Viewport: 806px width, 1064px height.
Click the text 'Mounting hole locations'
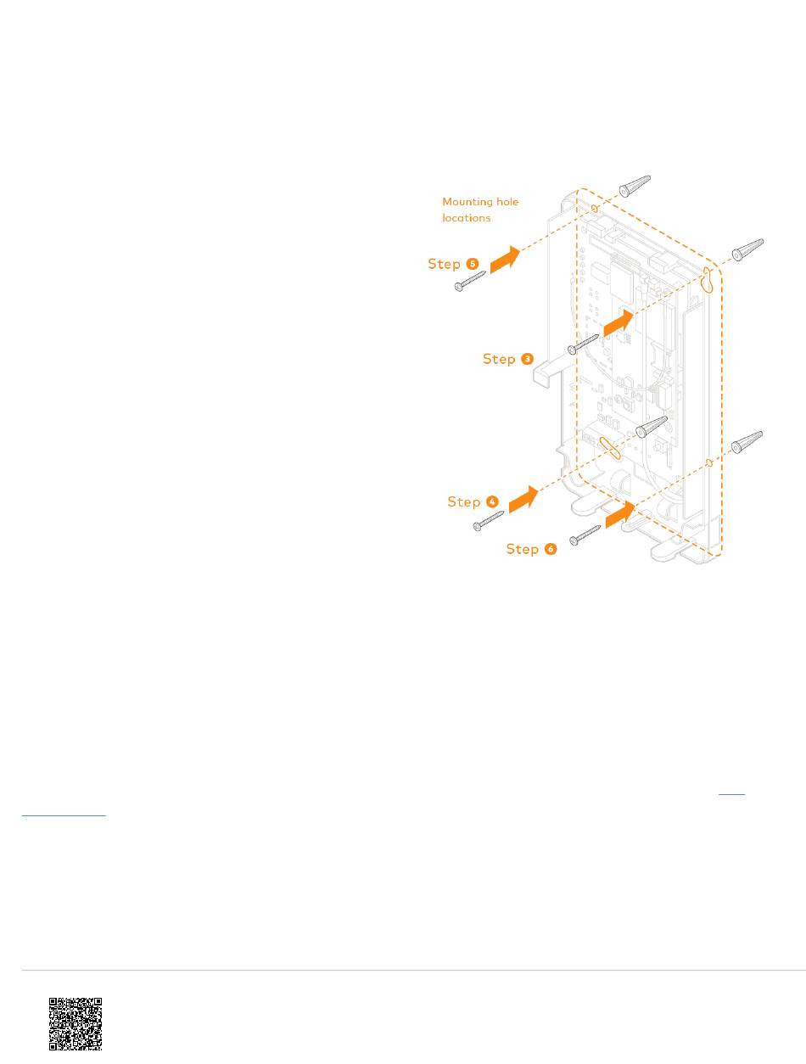pyautogui.click(x=480, y=210)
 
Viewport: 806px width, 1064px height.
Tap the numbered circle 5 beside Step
pyautogui.click(x=473, y=264)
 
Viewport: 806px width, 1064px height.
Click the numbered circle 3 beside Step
pyautogui.click(x=528, y=359)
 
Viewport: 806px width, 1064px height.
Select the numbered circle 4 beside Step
pyautogui.click(x=492, y=501)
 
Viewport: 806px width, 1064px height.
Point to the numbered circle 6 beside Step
pyautogui.click(x=551, y=549)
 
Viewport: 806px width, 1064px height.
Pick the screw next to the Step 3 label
pyautogui.click(x=584, y=344)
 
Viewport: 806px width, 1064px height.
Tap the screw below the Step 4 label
pyautogui.click(x=489, y=521)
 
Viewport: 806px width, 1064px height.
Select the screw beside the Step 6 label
pyautogui.click(x=585, y=534)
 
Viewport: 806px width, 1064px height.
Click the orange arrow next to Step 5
pyautogui.click(x=506, y=257)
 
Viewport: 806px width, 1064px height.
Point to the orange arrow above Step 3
pyautogui.click(x=618, y=322)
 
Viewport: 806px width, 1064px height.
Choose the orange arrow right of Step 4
pyautogui.click(x=523, y=499)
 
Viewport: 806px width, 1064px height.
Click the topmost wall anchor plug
pyautogui.click(x=635, y=185)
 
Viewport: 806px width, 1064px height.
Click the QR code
pyautogui.click(x=76, y=1024)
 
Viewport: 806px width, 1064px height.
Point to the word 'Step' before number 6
pyautogui.click(x=523, y=549)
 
